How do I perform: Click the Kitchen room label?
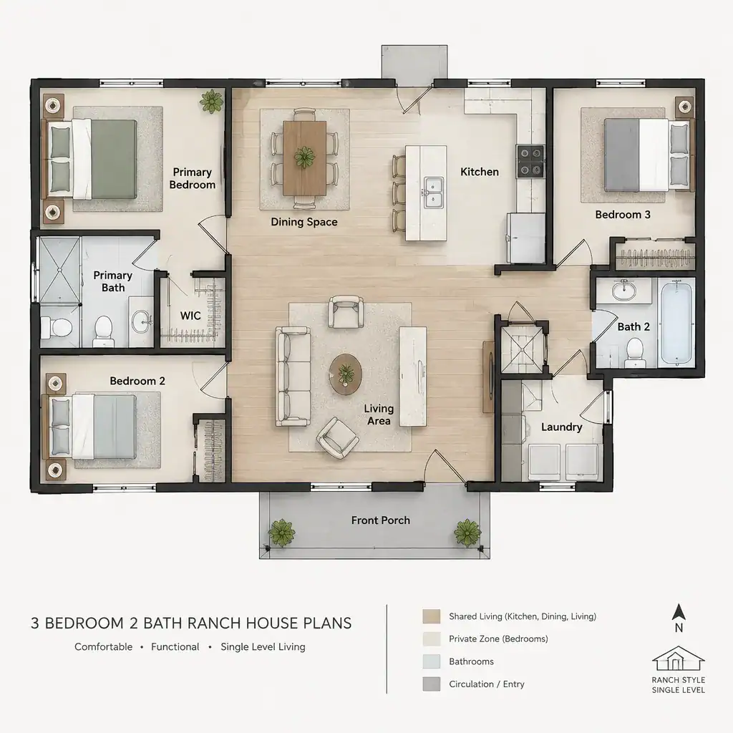479,172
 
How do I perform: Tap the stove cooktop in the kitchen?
530,161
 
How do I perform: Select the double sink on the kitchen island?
433,193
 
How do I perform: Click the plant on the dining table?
304,157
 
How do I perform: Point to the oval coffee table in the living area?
346,374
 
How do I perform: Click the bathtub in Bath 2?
676,323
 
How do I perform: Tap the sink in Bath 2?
623,291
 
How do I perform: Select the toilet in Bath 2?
635,352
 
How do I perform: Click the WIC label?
190,316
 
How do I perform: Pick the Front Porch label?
381,520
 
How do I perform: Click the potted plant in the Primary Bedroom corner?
212,101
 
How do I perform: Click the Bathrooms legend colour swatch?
432,661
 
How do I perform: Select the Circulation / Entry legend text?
487,684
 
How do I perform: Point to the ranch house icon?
679,659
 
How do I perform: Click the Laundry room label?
561,427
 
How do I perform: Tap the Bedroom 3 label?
623,215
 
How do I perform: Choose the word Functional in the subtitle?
175,647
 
